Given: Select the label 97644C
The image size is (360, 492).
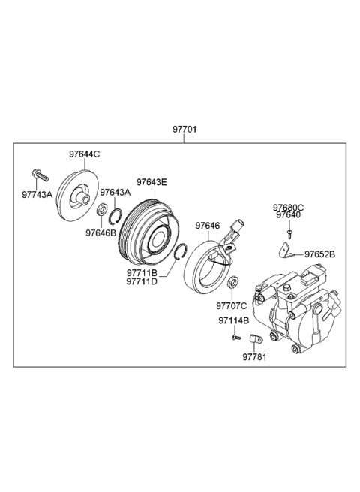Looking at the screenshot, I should pos(84,154).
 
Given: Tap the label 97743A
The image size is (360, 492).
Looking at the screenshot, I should pos(37,194).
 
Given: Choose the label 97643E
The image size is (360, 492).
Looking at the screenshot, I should pos(151,181).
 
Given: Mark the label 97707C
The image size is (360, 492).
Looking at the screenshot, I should pos(232,305).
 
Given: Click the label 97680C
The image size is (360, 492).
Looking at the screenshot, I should pos(288,207).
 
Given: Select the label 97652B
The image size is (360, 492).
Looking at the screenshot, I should pos(319,255).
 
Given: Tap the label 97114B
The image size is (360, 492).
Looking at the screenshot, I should pos(234,320).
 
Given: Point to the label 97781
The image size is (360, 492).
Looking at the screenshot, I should pos(253,357).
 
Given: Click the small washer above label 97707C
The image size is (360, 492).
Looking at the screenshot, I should pos(233,283).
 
